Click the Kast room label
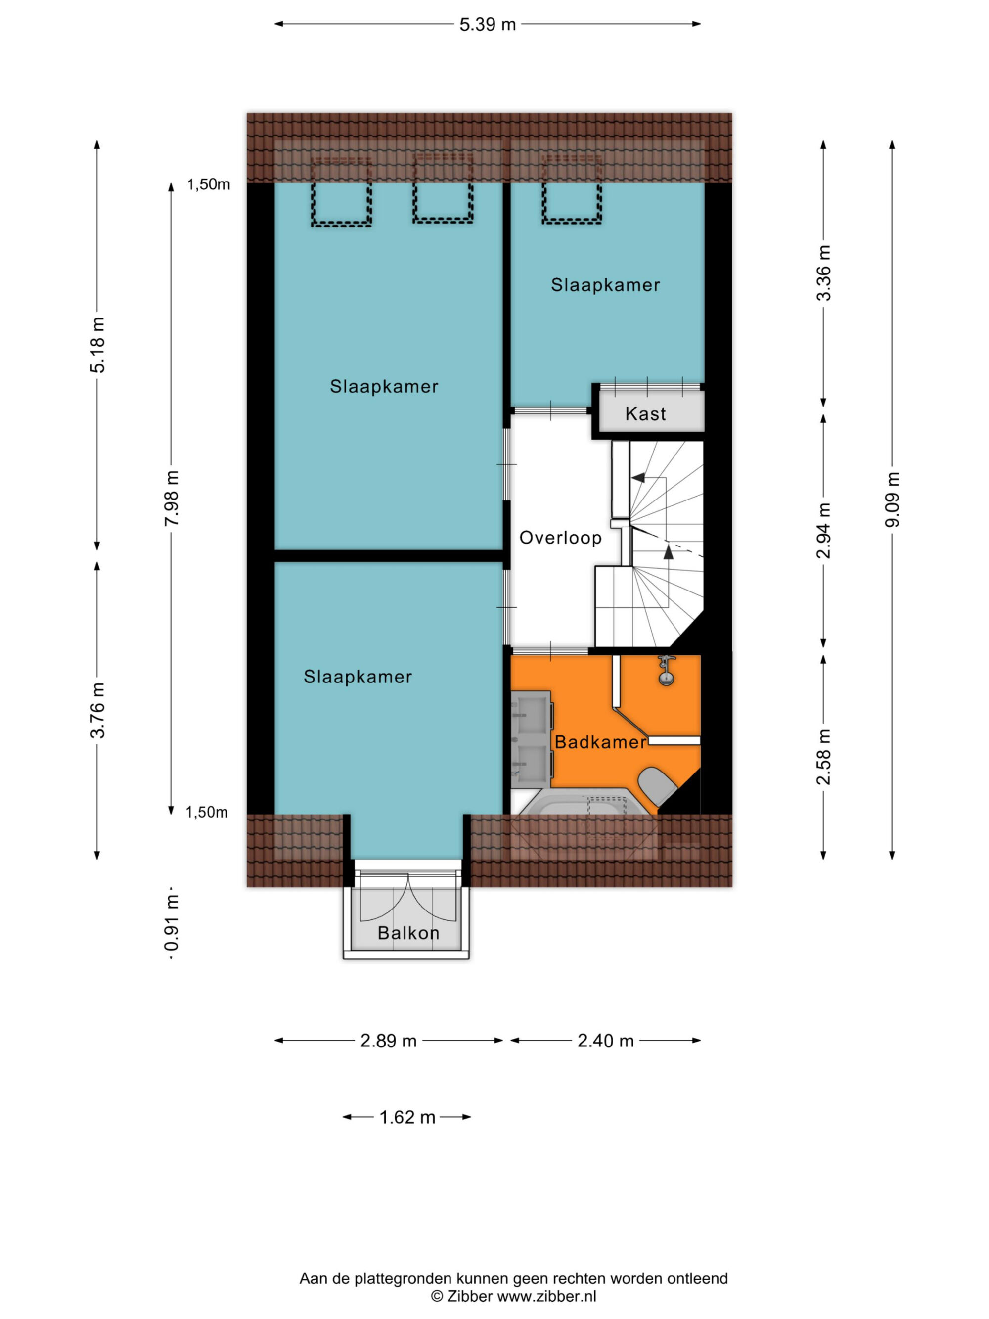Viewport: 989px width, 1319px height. [x=645, y=413]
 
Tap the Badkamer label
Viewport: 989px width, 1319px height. [x=600, y=742]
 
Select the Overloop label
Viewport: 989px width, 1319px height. [x=560, y=538]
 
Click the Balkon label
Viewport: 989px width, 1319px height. [x=408, y=933]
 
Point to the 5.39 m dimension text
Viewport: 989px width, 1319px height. [x=488, y=24]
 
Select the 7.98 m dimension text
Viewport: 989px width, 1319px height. [x=172, y=498]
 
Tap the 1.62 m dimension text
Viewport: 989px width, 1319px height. [x=408, y=1117]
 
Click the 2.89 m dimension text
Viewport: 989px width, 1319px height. [x=388, y=1041]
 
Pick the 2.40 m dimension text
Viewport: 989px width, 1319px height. [x=606, y=1041]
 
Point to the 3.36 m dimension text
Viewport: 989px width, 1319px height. [x=823, y=273]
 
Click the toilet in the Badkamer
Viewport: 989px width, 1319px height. [x=658, y=785]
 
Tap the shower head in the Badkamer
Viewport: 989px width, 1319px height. [x=666, y=671]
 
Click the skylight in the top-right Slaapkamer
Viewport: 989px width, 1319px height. [x=572, y=188]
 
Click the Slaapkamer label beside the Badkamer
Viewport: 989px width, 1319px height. [x=358, y=676]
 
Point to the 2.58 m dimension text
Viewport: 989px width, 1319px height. [x=823, y=756]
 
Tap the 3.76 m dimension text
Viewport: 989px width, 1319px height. [x=98, y=710]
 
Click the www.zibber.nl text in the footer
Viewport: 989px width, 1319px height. [x=546, y=1296]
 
